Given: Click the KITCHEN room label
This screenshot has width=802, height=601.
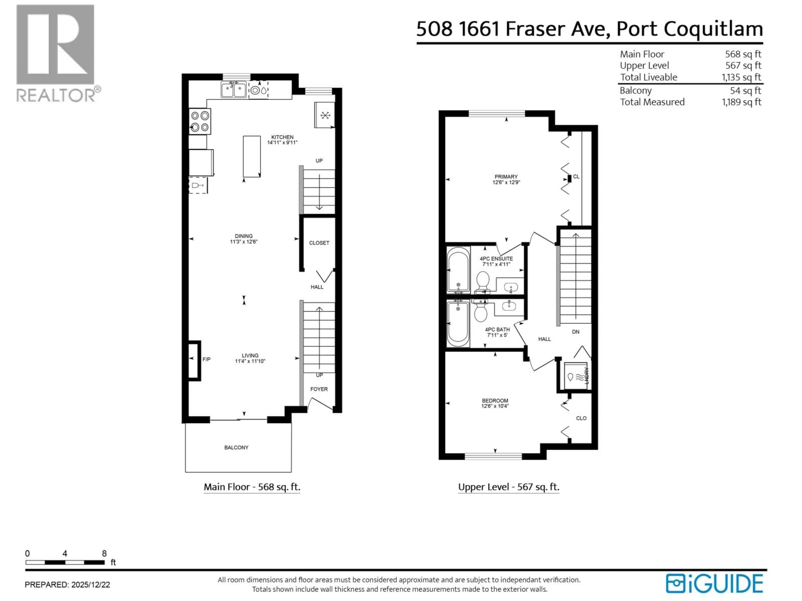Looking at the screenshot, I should [282, 137].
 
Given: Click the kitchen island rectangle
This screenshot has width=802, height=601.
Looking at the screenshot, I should [252, 157].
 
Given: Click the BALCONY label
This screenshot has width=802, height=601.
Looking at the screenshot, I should [236, 447].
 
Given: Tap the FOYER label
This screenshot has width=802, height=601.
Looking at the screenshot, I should [319, 389].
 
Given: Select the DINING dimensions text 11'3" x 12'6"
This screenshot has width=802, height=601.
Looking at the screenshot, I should [244, 242].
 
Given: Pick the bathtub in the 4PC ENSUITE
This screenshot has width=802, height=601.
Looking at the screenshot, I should [458, 270].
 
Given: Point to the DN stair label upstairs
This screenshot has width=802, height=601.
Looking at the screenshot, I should [575, 331].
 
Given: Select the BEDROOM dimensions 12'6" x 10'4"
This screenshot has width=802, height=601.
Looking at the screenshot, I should [495, 406].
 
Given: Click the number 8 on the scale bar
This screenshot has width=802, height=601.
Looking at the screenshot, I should [104, 553].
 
